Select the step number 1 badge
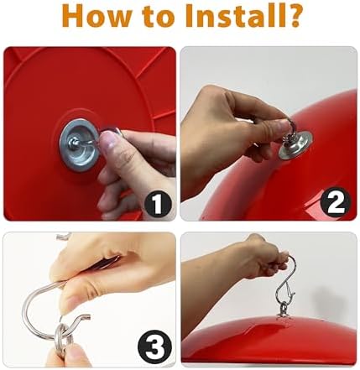(x=157, y=205)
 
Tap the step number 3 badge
(x=154, y=347)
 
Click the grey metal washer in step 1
(x=80, y=144)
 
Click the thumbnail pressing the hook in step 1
(x=107, y=139)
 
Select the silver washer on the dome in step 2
(x=295, y=146)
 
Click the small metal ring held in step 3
(x=64, y=338)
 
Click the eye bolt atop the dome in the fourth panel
(x=282, y=310)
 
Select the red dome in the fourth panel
(x=269, y=338)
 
